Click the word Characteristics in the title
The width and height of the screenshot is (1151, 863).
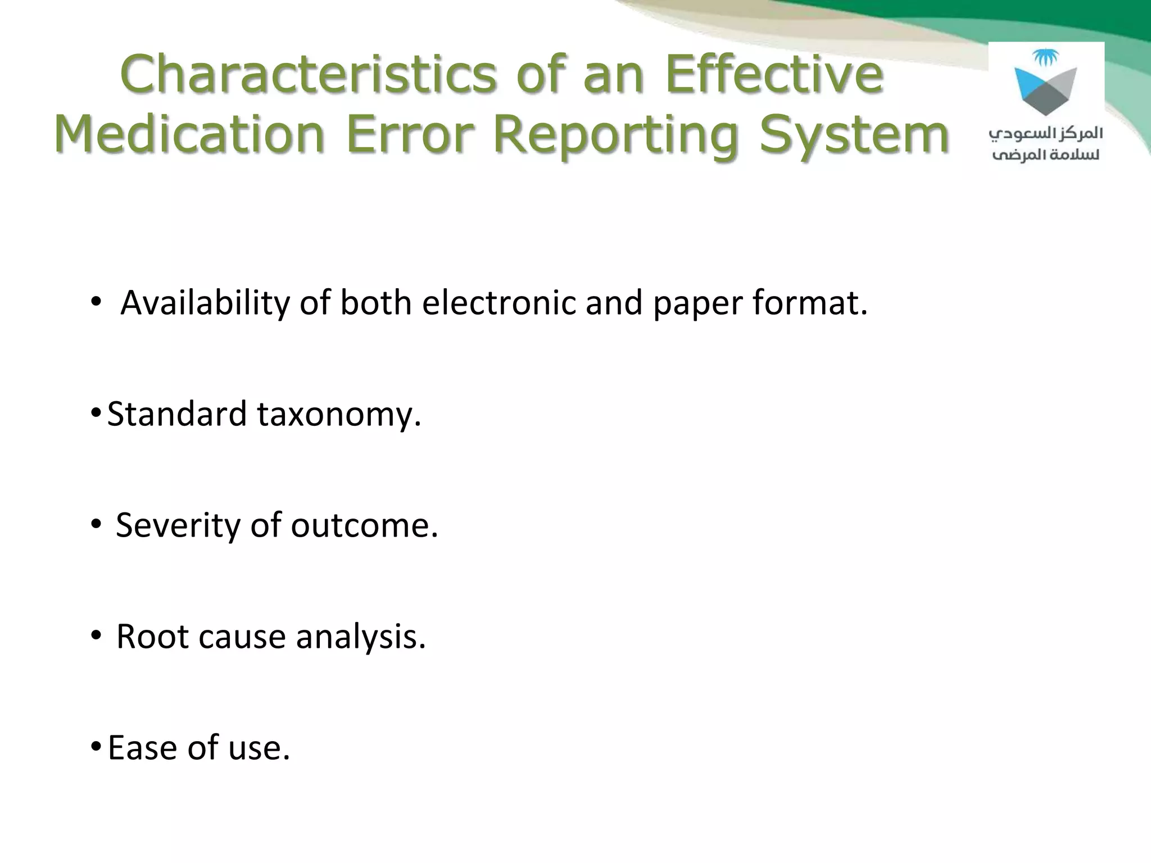coord(308,75)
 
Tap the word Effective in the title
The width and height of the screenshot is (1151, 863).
coord(774,75)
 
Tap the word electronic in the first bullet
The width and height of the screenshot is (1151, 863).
coord(498,303)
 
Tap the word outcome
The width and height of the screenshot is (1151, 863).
coord(363,526)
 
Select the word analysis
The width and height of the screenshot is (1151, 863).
coord(360,637)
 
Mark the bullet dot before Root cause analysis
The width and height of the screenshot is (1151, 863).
coord(96,635)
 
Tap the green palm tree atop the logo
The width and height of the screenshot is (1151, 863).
coord(1045,57)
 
